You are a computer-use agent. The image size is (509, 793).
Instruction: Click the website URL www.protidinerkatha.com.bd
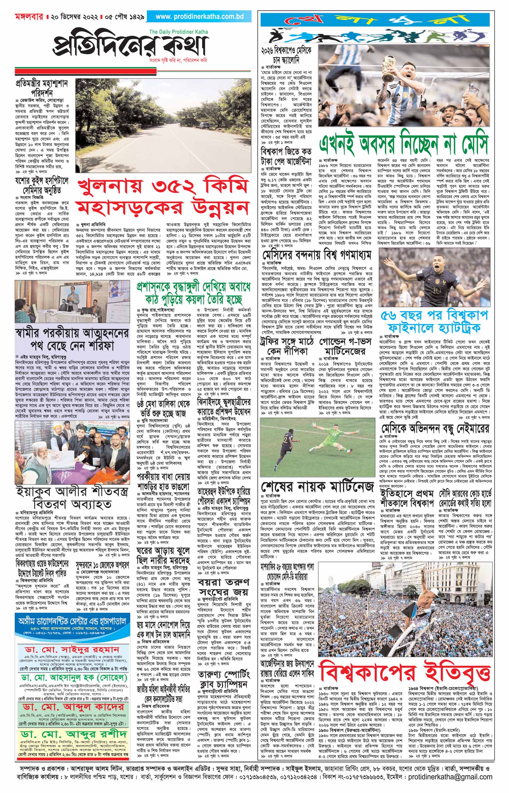click(200, 16)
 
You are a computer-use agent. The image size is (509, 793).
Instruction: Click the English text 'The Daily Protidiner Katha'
click(178, 32)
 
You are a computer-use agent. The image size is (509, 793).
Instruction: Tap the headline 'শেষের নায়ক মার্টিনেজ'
click(317, 486)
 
